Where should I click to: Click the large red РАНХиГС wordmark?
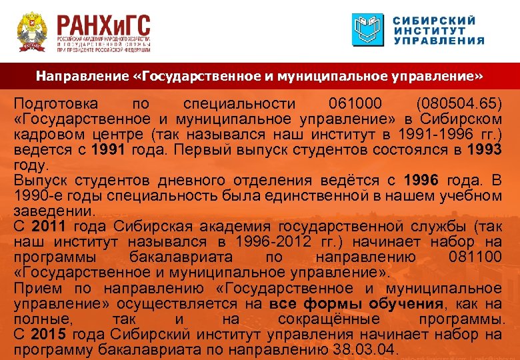tap(103, 27)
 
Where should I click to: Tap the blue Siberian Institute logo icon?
tap(369, 30)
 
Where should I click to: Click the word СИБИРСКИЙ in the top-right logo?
tap(435, 20)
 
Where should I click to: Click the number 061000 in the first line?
tap(356, 104)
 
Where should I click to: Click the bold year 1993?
tap(484, 150)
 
